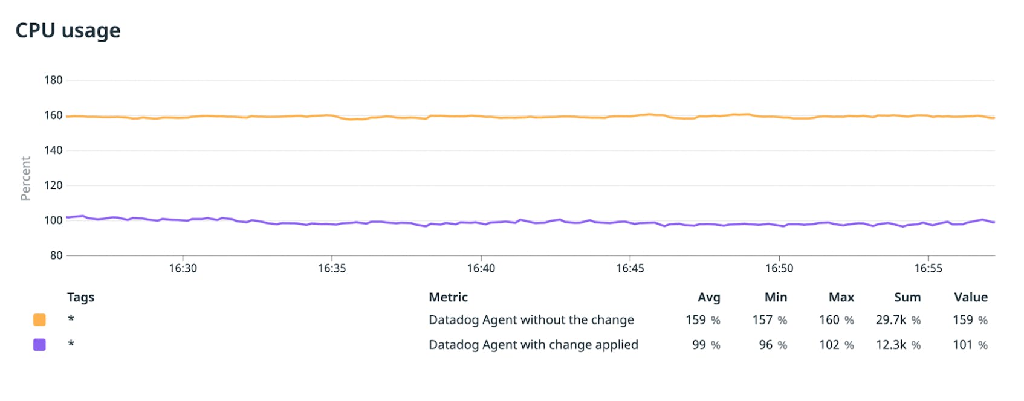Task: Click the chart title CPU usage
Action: (x=68, y=30)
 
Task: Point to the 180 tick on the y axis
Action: (x=53, y=80)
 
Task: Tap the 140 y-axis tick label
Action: (x=53, y=150)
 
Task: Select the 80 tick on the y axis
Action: (x=56, y=255)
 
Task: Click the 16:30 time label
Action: (x=183, y=268)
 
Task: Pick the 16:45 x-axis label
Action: (x=630, y=268)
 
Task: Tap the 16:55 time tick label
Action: (x=928, y=268)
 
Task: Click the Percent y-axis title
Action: (x=25, y=178)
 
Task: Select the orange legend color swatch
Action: (x=39, y=319)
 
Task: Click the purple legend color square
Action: (x=39, y=345)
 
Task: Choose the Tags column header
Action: (x=80, y=297)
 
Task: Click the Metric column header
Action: (x=448, y=297)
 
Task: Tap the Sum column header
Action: (x=907, y=297)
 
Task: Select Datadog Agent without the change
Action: (x=531, y=320)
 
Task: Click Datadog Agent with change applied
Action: (x=533, y=345)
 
